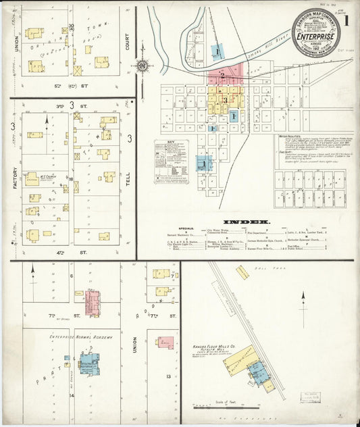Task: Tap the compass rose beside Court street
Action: pos(142,66)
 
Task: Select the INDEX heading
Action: pos(247,222)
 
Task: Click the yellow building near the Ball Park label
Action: pos(242,272)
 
